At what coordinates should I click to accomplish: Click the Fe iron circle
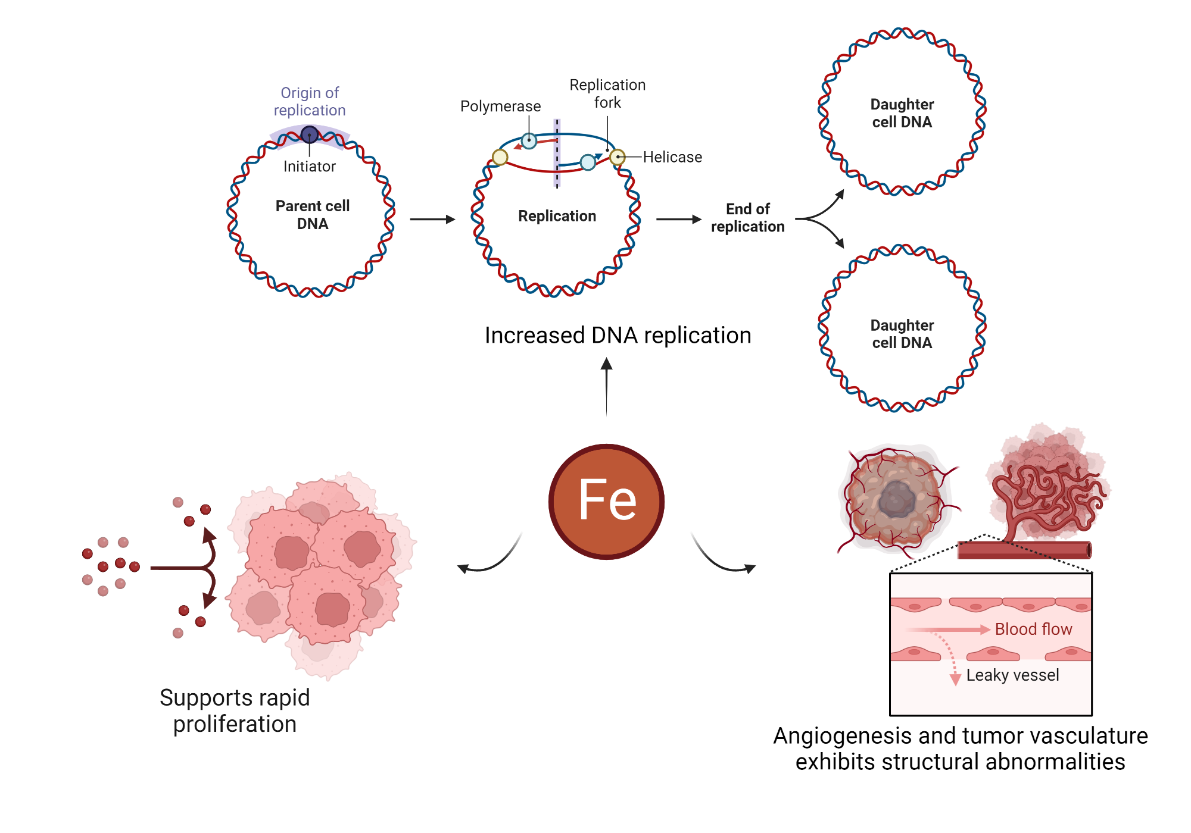(606, 502)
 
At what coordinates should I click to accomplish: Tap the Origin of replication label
(310, 102)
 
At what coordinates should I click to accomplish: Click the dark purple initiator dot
(309, 134)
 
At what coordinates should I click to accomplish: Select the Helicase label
(672, 157)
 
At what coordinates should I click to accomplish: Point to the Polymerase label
(500, 107)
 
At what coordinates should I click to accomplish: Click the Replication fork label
(607, 93)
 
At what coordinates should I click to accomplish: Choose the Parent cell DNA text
(313, 215)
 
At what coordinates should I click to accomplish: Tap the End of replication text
(748, 218)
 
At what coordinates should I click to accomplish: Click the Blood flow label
(1033, 629)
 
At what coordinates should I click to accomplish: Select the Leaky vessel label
(1012, 675)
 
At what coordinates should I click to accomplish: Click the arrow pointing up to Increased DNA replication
(606, 386)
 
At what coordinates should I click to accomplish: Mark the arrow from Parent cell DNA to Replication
(432, 220)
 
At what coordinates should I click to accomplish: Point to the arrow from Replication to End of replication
(679, 220)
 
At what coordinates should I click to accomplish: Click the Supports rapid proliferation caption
(235, 710)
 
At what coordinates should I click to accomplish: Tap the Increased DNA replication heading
(618, 336)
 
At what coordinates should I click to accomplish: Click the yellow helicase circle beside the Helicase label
(618, 157)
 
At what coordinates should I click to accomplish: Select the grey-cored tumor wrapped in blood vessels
(896, 500)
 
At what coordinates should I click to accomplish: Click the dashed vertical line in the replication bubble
(557, 154)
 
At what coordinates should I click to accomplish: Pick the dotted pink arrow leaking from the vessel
(950, 657)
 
